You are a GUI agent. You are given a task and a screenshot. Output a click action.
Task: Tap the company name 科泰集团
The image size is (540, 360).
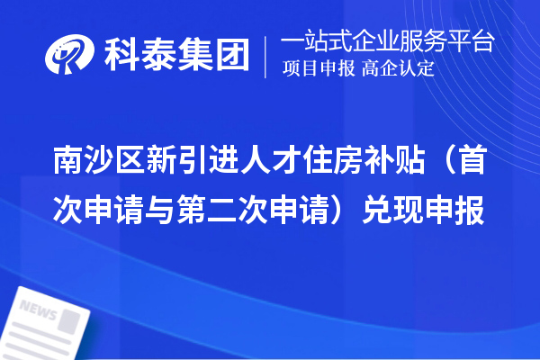coord(175,56)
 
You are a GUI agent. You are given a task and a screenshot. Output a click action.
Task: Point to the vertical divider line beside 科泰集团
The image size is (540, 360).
coord(266,56)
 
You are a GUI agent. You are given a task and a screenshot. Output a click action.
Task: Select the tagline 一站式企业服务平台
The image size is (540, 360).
coord(388,42)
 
